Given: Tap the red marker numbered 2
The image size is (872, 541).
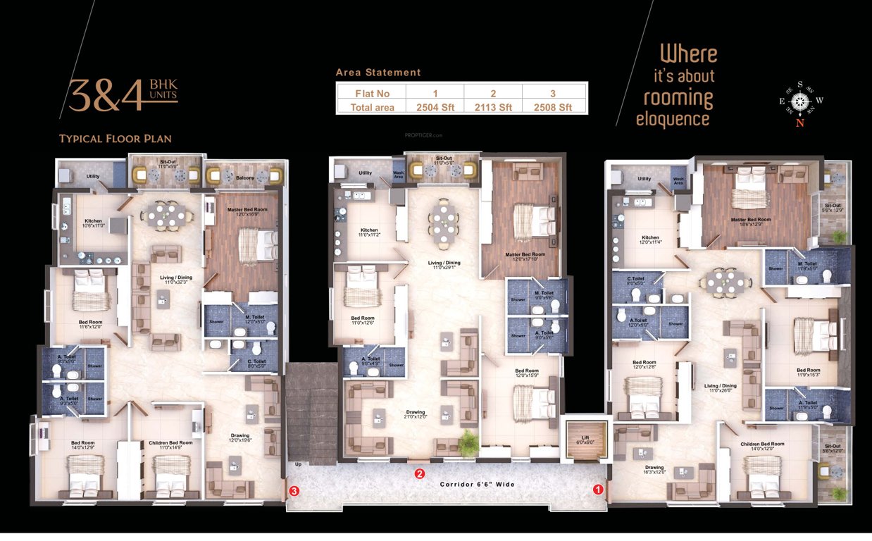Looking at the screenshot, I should pyautogui.click(x=420, y=473).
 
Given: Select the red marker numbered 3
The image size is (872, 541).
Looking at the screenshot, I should pyautogui.click(x=295, y=490).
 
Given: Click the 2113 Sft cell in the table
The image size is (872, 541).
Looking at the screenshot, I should pyautogui.click(x=493, y=107).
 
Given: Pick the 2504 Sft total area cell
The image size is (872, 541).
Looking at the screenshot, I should pyautogui.click(x=434, y=107).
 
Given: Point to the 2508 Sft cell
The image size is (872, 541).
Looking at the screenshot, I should pyautogui.click(x=555, y=107).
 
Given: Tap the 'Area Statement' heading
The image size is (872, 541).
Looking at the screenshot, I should pyautogui.click(x=378, y=73).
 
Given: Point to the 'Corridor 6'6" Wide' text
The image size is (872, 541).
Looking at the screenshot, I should pyautogui.click(x=477, y=485).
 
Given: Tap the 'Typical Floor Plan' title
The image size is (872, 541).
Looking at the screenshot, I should pyautogui.click(x=116, y=139).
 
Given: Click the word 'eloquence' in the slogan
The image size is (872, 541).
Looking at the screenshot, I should pyautogui.click(x=673, y=119).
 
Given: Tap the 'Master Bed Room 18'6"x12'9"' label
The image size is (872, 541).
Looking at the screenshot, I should pyautogui.click(x=751, y=221).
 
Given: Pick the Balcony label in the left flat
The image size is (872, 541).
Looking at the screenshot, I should pyautogui.click(x=245, y=178).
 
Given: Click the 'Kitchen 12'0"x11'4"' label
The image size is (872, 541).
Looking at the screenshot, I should pyautogui.click(x=650, y=240).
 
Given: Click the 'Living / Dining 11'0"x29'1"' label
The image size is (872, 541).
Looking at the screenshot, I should pyautogui.click(x=445, y=266).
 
